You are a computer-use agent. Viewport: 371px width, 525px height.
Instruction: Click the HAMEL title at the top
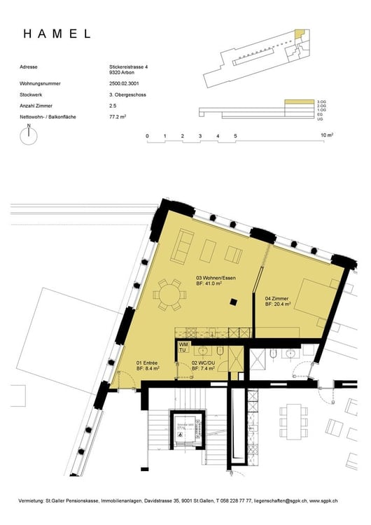(x=57, y=34)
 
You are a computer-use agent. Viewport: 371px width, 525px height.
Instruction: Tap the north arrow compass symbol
(x=28, y=137)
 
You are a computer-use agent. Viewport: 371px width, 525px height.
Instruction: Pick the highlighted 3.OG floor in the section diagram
(x=299, y=102)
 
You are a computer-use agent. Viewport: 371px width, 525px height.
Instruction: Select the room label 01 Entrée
(x=147, y=363)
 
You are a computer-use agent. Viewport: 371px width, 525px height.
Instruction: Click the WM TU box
(x=183, y=347)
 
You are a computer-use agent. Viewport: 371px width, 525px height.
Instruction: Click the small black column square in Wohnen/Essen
(x=234, y=302)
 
